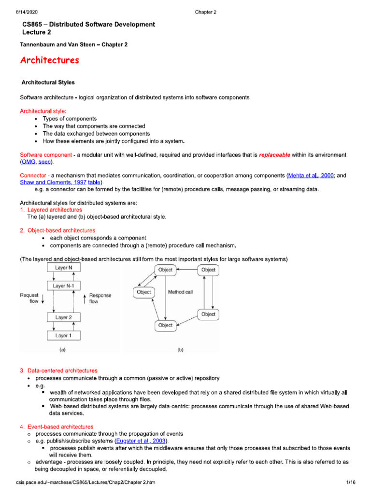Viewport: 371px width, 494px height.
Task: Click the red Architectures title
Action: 50,61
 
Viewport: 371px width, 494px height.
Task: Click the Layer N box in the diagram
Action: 64,267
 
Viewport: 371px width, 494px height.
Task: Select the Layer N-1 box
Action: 64,286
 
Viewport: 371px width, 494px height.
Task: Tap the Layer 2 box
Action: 64,317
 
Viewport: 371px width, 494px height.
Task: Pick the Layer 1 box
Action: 64,335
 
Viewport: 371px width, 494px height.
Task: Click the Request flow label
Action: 30,298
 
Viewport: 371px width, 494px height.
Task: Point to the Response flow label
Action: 100,298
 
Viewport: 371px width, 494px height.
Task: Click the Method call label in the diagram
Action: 180,292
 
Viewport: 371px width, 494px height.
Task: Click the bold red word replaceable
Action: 275,155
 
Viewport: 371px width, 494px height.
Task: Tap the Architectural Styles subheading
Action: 48,82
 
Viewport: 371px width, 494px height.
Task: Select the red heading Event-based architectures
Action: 60,427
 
